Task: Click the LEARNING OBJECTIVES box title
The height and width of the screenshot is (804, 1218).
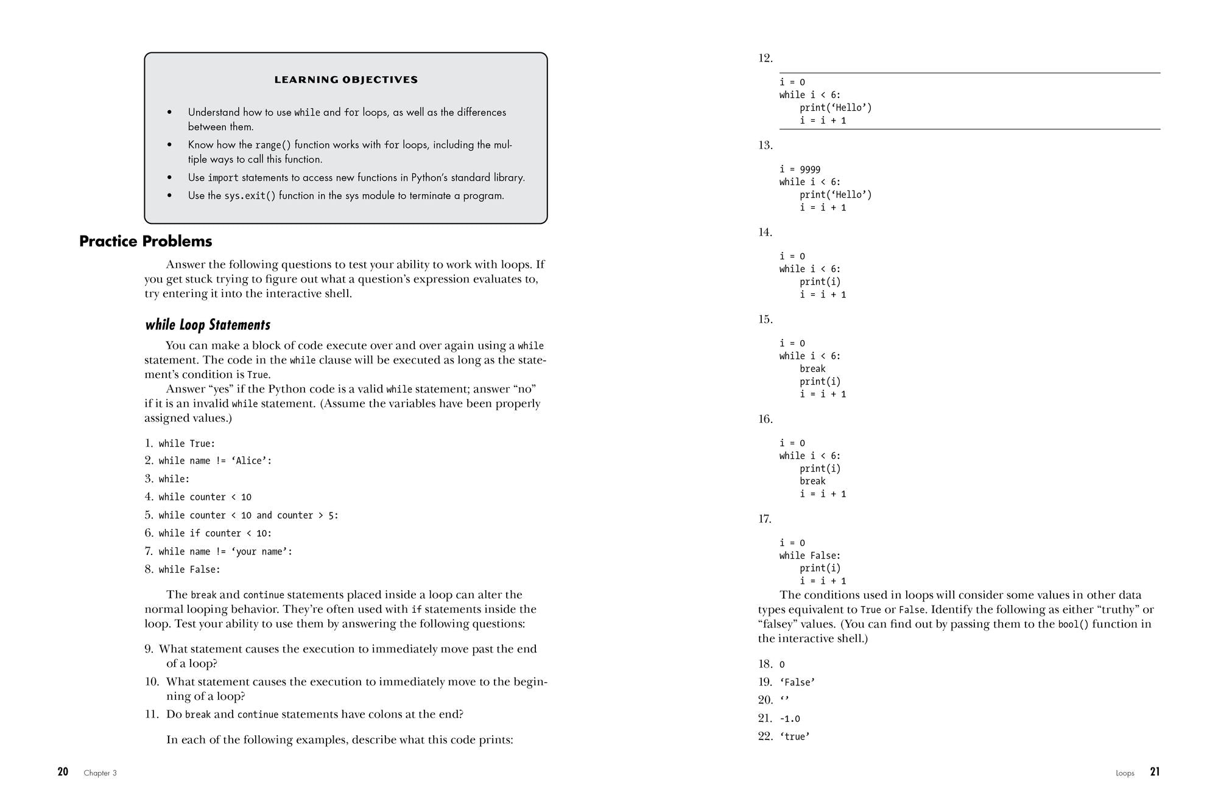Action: click(346, 80)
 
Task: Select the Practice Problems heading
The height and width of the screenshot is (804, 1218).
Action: click(146, 241)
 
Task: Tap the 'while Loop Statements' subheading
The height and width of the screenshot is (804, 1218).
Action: click(208, 324)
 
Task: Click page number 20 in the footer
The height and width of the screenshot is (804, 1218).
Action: click(63, 772)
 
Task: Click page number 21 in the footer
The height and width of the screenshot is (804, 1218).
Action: click(1155, 772)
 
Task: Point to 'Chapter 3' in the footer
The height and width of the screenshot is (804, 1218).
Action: click(100, 773)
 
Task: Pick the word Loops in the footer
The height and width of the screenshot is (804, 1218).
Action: click(1125, 773)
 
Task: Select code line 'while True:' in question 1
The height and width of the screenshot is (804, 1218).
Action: click(187, 444)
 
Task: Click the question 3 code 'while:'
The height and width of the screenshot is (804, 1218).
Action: click(174, 479)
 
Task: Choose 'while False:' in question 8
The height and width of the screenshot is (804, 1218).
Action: click(189, 570)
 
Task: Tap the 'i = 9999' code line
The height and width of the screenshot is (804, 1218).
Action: click(800, 169)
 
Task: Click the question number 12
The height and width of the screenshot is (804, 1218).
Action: click(765, 58)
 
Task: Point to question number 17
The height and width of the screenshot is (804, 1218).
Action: click(765, 519)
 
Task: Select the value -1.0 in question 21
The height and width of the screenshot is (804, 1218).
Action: click(790, 719)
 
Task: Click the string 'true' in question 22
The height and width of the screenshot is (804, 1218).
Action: click(795, 736)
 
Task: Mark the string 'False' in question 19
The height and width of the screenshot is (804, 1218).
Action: click(797, 682)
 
